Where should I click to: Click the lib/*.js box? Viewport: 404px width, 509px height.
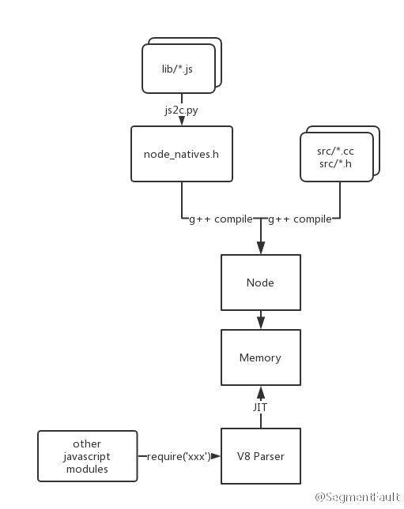coord(177,69)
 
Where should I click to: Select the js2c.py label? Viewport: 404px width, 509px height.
coord(181,110)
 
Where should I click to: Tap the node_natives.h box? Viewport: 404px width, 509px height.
coord(181,154)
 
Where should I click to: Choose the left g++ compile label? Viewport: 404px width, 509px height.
coord(221,219)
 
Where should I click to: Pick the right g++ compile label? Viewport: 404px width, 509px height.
coord(300,219)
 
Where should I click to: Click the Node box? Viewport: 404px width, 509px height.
coord(260,283)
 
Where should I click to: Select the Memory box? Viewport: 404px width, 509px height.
coord(260,357)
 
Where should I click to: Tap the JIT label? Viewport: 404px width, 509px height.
coord(260,407)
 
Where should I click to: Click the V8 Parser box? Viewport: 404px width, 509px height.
coord(260,456)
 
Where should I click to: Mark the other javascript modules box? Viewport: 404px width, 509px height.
coord(87,456)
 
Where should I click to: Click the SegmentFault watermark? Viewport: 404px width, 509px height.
coord(357,497)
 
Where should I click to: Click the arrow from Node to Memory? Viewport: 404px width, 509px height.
coord(260,319)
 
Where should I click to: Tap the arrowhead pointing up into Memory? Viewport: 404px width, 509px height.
coord(260,391)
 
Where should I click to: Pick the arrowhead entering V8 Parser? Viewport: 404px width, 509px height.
coord(216,456)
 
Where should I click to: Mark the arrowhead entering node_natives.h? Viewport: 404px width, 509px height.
coord(181,121)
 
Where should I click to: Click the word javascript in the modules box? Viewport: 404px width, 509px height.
coord(87,456)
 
